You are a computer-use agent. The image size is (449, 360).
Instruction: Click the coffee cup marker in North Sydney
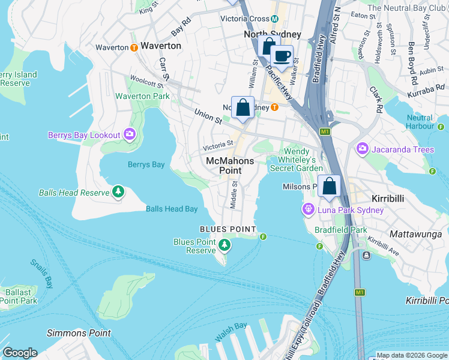point(281,57)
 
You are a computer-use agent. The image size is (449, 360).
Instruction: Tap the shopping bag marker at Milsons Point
point(330,187)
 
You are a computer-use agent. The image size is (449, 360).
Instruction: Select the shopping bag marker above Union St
point(243,109)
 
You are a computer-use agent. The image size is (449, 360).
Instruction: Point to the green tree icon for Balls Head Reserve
point(119,192)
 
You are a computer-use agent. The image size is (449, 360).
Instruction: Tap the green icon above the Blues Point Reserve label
point(224,244)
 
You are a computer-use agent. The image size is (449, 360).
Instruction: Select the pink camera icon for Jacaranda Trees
point(363,148)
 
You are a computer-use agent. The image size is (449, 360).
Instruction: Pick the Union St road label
point(208,116)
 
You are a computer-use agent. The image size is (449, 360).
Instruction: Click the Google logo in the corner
point(20,353)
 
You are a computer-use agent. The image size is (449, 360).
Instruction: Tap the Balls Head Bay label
point(172,209)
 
